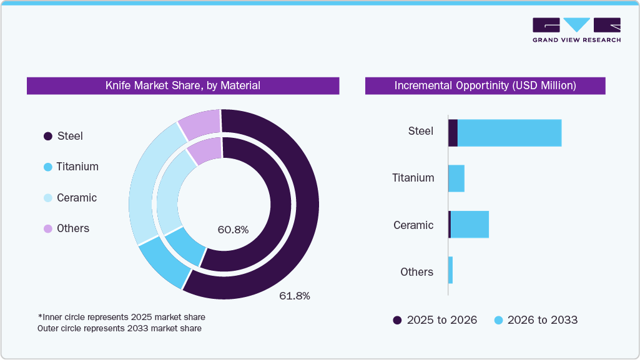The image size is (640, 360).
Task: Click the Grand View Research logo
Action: pyautogui.click(x=576, y=29)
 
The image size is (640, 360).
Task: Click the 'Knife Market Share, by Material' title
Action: pyautogui.click(x=182, y=85)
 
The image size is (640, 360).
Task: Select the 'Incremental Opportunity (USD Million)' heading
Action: pyautogui.click(x=485, y=85)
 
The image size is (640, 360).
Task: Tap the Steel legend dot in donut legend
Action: pyautogui.click(x=47, y=137)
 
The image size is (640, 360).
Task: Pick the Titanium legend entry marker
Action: pyautogui.click(x=47, y=167)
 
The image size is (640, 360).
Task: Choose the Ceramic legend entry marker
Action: pyautogui.click(x=47, y=198)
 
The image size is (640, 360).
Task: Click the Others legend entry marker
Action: pyautogui.click(x=47, y=229)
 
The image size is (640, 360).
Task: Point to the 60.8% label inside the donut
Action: pyautogui.click(x=233, y=230)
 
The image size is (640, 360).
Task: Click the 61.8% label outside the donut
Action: pyautogui.click(x=294, y=296)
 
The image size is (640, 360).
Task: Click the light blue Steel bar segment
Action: pyautogui.click(x=510, y=133)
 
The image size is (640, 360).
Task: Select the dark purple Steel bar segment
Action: pyautogui.click(x=453, y=133)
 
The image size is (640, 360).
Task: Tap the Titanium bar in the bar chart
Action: pyautogui.click(x=456, y=178)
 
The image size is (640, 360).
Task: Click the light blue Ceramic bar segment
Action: pyautogui.click(x=470, y=224)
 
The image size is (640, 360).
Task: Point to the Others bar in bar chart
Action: pyautogui.click(x=450, y=270)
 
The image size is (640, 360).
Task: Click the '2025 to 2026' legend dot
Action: pyautogui.click(x=397, y=320)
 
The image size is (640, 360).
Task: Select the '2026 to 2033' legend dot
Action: pyautogui.click(x=498, y=320)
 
